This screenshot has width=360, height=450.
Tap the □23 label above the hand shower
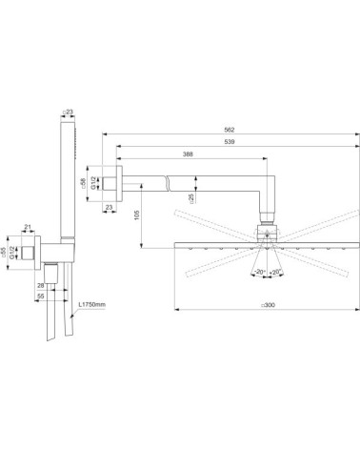point(66,112)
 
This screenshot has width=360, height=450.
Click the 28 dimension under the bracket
point(41,284)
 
